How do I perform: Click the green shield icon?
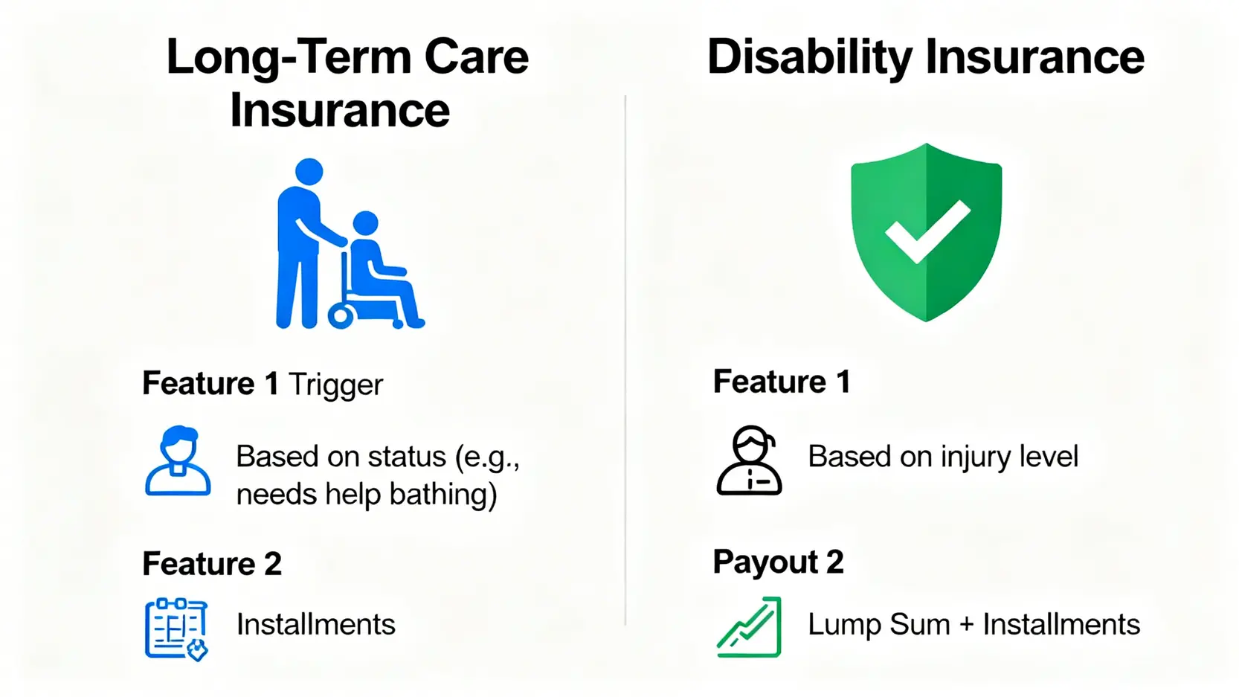point(927,232)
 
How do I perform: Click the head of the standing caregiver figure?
point(309,172)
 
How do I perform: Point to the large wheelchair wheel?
point(341,316)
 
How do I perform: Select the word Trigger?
point(335,385)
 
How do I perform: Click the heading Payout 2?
point(778,562)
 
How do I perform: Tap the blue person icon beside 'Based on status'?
point(178,460)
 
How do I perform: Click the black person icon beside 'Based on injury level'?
point(750,460)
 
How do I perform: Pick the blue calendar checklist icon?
point(176,629)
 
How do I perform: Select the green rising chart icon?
point(750,627)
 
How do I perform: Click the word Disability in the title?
point(809,58)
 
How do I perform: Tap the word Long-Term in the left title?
point(289,58)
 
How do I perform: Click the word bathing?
point(443,493)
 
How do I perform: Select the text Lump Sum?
point(879,624)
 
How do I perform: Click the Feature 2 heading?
point(212,564)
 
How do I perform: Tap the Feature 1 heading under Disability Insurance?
point(782,382)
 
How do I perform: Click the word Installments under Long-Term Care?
point(316,625)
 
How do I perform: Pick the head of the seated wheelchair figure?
point(366,223)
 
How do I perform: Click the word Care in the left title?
point(477,57)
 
